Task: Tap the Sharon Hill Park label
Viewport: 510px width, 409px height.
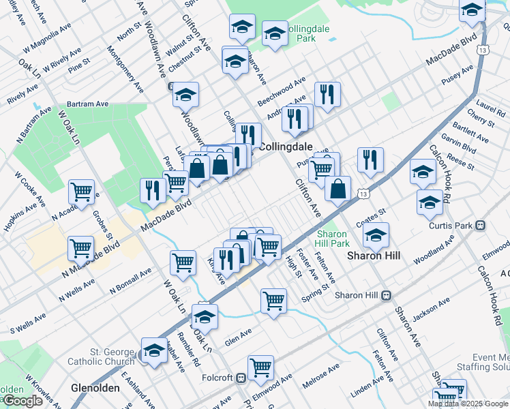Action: (333, 239)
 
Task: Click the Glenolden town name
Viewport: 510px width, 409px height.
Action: (95, 388)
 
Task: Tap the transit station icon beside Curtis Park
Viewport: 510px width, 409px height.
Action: (481, 226)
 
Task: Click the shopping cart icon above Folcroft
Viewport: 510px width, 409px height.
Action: (260, 368)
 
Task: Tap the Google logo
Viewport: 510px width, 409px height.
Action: (22, 401)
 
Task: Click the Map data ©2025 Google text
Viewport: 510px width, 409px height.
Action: (468, 404)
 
